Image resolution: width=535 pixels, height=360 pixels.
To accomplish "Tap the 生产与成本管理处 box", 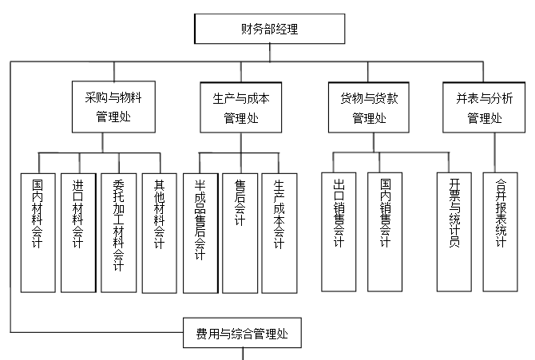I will click(x=241, y=107).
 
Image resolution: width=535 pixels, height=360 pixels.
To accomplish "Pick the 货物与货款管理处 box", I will click(x=368, y=107).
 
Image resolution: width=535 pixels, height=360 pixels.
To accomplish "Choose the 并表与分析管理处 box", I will click(x=484, y=107).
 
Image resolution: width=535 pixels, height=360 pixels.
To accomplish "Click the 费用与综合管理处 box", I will click(x=243, y=332).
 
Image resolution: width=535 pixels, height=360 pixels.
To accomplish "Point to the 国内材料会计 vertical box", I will click(x=38, y=231).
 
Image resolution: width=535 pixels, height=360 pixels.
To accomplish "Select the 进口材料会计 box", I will click(x=77, y=231).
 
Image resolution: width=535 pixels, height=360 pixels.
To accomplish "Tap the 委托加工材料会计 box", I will click(x=118, y=231).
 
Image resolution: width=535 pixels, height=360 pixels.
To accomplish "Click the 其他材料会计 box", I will click(x=159, y=231).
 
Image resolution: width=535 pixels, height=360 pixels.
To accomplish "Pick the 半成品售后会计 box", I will click(x=200, y=231).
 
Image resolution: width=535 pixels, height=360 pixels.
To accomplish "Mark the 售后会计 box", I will click(x=240, y=231).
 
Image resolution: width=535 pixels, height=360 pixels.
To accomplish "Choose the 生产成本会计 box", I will click(x=279, y=231).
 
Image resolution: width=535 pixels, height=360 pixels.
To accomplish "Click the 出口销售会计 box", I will click(x=339, y=231).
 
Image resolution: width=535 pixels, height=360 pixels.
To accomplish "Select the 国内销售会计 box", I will click(x=386, y=231).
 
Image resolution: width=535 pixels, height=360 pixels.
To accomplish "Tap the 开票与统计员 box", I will click(x=454, y=231).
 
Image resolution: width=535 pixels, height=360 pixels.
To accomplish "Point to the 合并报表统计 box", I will click(x=501, y=231).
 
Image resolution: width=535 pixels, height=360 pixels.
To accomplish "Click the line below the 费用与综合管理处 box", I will click(x=243, y=353).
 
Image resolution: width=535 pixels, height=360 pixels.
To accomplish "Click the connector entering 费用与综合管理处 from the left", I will click(x=96, y=331).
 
